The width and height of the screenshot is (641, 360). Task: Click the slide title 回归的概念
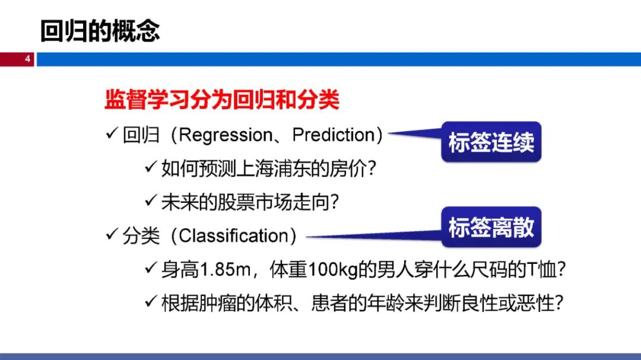100,31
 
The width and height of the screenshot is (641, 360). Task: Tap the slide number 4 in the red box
27,59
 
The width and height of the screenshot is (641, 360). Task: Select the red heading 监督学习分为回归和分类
221,99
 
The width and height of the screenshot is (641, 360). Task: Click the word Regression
226,135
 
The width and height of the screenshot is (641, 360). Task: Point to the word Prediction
334,135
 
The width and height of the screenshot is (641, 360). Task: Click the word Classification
234,236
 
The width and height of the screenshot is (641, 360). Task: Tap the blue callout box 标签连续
491,142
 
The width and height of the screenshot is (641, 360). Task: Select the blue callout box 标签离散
491,227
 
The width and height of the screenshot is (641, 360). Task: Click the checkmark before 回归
112,133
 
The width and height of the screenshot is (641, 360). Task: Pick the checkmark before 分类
112,234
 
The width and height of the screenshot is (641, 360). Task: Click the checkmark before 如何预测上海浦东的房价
151,167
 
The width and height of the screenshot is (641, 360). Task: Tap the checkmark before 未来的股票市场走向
151,200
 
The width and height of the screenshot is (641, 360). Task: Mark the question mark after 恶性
559,303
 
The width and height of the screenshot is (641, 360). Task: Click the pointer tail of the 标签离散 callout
307,237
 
